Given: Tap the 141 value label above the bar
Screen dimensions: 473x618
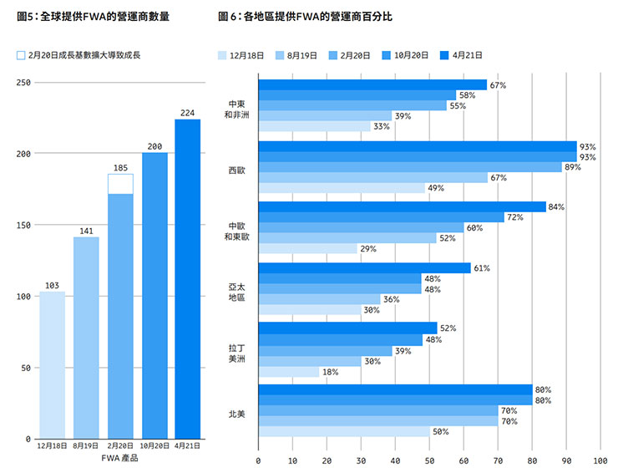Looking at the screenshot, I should (x=86, y=231).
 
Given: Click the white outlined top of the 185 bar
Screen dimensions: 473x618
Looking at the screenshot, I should (x=120, y=184).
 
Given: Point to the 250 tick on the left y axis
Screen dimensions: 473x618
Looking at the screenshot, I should (x=23, y=83).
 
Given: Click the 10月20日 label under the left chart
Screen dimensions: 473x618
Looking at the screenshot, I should (x=154, y=446).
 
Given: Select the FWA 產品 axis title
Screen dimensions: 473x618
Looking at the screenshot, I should (x=119, y=458).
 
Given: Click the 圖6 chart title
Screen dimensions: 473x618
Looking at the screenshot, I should (x=304, y=17).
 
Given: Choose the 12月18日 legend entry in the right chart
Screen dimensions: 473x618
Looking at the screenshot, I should (x=240, y=55).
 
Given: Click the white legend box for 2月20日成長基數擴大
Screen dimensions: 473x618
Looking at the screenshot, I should (x=21, y=55).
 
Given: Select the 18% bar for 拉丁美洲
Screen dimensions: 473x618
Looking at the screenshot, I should (x=289, y=372).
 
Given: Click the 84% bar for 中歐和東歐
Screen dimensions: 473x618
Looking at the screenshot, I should (x=402, y=206).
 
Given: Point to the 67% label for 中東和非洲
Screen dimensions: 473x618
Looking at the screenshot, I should (x=499, y=85).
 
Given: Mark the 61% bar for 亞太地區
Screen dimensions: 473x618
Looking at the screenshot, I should (x=364, y=267).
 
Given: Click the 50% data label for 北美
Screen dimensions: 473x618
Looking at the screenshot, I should (x=440, y=432).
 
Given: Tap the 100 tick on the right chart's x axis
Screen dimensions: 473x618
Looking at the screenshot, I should (x=600, y=460).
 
